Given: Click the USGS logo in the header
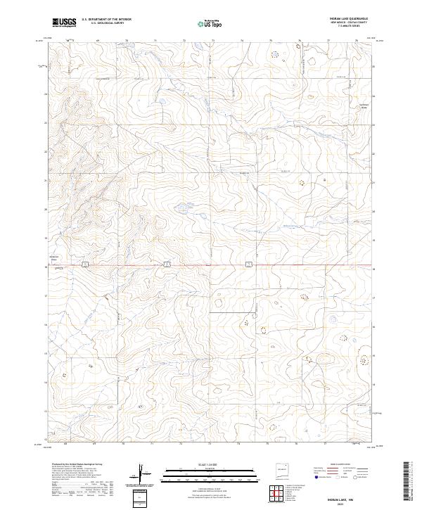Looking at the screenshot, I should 64,23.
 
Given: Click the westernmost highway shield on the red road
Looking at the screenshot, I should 83,264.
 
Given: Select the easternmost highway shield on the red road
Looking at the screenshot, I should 248,264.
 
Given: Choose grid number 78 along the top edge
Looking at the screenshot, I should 357,40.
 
